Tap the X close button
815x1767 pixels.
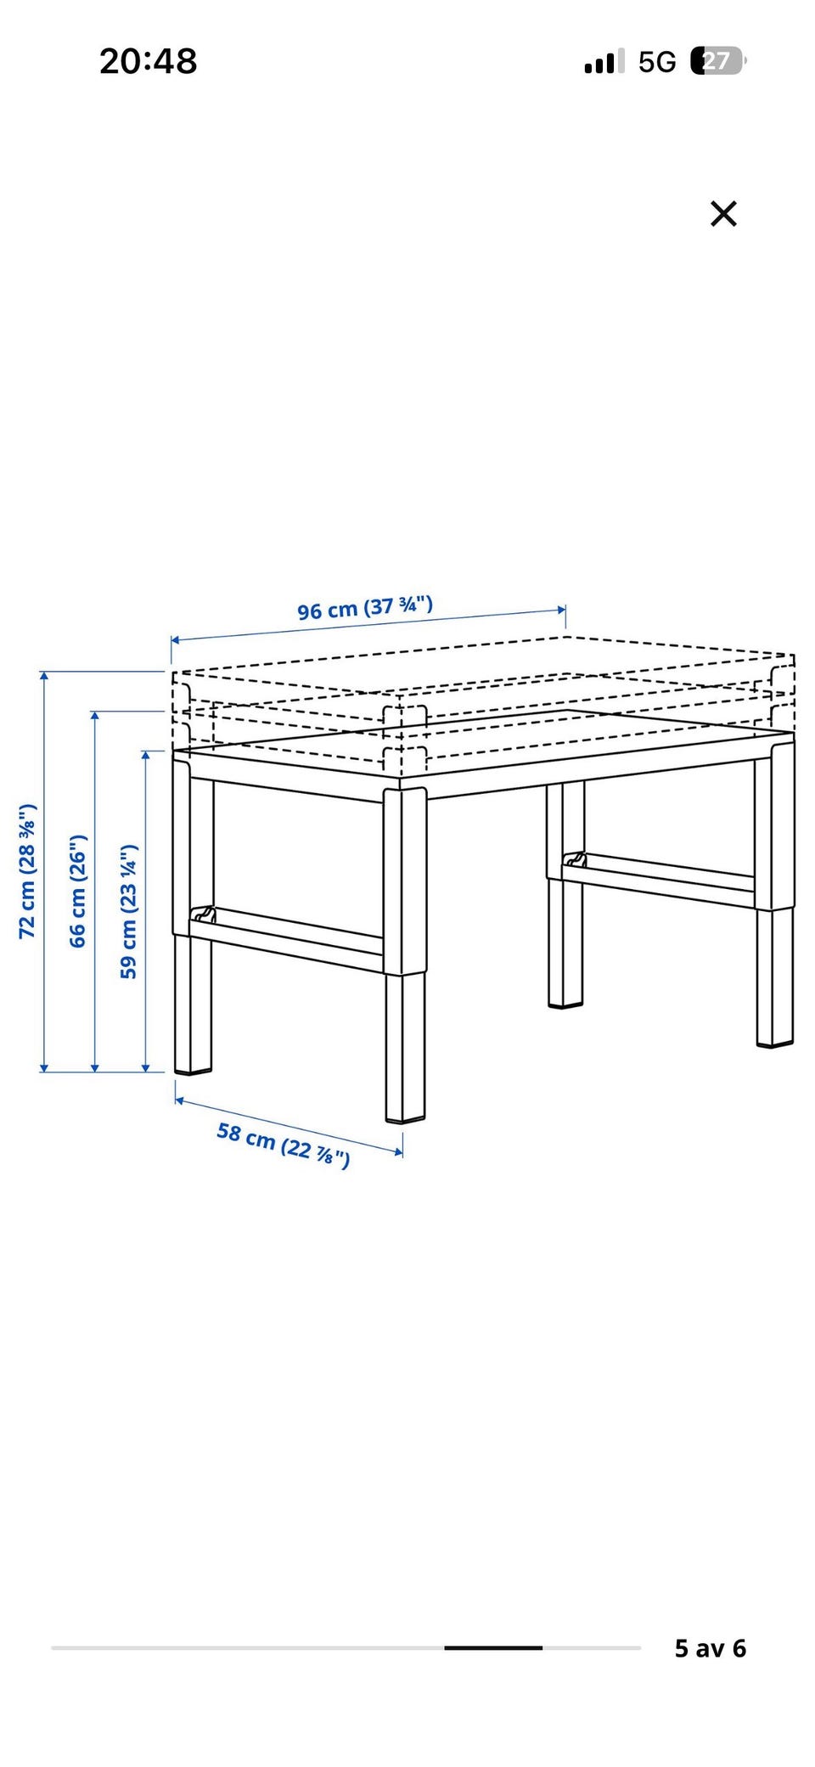click(723, 213)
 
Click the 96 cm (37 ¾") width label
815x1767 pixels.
click(365, 607)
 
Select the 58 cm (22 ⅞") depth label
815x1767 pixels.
click(284, 1145)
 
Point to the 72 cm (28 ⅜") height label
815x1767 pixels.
click(27, 870)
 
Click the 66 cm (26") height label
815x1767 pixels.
click(77, 891)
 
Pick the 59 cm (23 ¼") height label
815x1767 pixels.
click(128, 911)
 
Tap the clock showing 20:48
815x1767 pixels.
click(149, 61)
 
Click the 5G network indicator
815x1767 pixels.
click(657, 62)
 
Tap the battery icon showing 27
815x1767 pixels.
click(718, 61)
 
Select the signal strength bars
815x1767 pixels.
click(604, 61)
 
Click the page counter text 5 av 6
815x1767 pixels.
click(711, 1648)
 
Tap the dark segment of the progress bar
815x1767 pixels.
click(493, 1647)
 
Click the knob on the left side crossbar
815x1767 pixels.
click(204, 914)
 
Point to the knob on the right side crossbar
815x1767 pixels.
click(575, 859)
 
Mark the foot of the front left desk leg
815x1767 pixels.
click(194, 1072)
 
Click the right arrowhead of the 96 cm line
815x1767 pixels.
click(561, 610)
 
